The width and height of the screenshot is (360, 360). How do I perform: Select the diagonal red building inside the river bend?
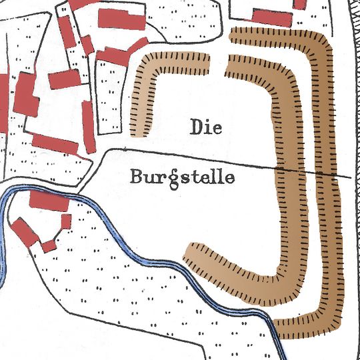(25, 233)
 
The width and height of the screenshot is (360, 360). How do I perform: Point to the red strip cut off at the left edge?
(3, 93)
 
